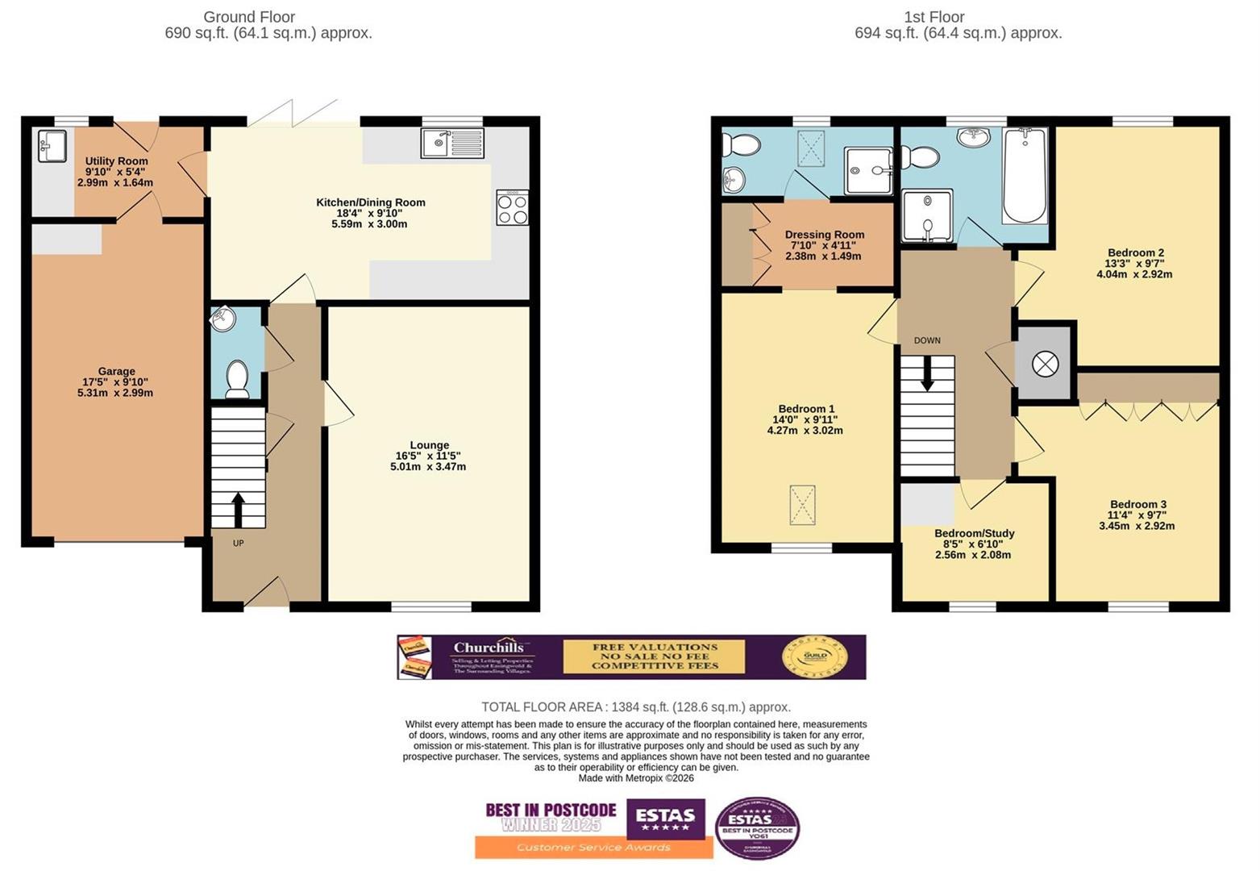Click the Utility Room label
[116, 161]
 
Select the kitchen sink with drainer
[451, 144]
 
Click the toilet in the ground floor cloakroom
[236, 379]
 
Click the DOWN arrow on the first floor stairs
[927, 373]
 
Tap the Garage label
[116, 372]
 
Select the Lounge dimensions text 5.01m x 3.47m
[428, 467]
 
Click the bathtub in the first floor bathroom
[1025, 175]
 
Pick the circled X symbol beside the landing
[1045, 364]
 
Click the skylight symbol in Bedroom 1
[801, 505]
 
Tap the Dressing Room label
[824, 235]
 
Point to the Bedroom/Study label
[974, 533]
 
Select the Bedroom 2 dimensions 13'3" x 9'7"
[1135, 263]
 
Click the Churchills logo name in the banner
[489, 648]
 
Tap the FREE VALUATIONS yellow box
[654, 656]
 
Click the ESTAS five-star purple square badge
[665, 819]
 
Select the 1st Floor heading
[934, 17]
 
